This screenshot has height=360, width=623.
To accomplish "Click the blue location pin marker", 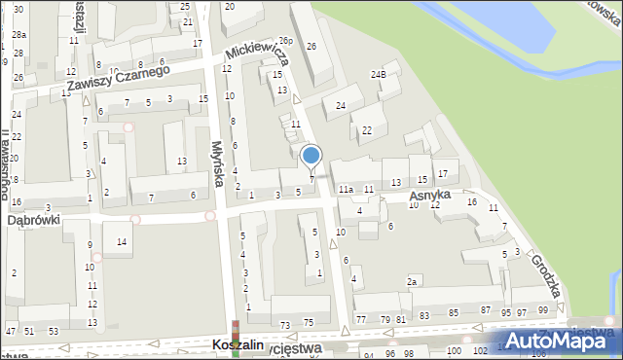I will coord(311,157).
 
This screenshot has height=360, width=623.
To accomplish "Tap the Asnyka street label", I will coord(429,196).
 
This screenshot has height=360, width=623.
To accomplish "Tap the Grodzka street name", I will coord(545,275).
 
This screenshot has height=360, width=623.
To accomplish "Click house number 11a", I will coord(345,189).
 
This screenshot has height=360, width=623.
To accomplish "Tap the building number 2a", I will coord(413,282).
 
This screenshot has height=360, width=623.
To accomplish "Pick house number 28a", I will coord(19,35).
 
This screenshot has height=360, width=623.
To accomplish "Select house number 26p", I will coord(285,42).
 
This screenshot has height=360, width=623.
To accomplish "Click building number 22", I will coord(367,130).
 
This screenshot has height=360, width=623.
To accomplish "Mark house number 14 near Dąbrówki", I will coord(122,241).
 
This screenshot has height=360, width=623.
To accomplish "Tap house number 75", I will coord(309,322).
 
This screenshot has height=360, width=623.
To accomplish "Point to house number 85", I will coord(454,312).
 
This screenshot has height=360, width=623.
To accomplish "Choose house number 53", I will coord(53,332).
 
